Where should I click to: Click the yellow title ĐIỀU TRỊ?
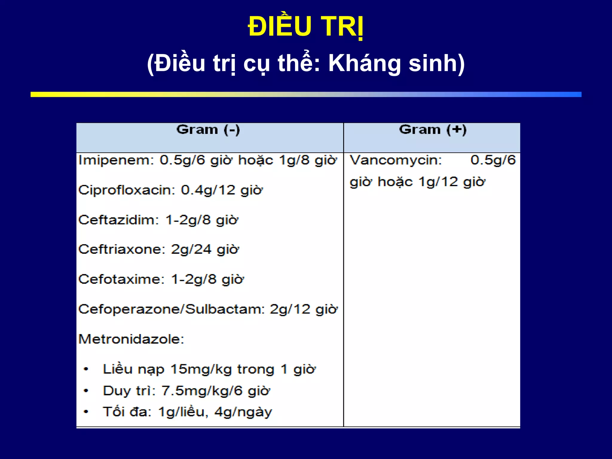(306, 27)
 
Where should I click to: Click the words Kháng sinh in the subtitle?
(396, 63)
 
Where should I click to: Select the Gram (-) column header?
(208, 130)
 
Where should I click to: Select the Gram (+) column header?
(432, 130)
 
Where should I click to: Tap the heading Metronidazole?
(131, 339)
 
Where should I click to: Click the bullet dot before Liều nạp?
(86, 369)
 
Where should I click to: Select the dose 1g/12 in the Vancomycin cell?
(438, 182)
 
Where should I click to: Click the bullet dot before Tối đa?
(86, 412)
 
